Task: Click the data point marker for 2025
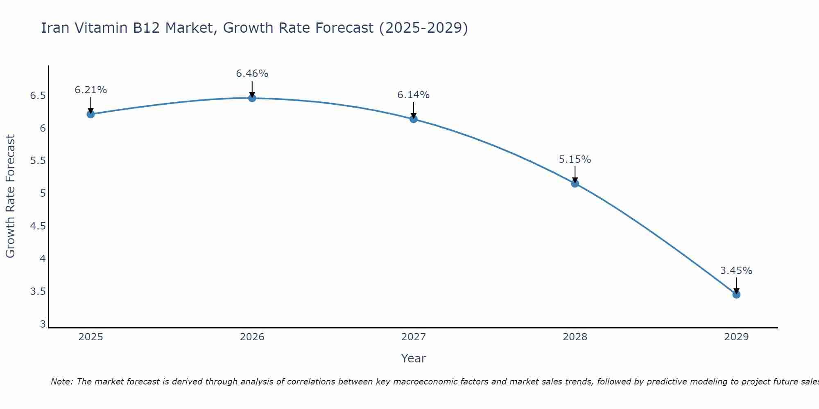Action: click(90, 114)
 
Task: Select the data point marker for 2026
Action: click(252, 98)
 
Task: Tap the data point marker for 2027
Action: click(413, 119)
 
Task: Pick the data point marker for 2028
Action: click(575, 184)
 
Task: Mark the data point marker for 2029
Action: click(736, 294)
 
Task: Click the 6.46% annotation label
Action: click(252, 74)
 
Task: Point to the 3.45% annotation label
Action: click(736, 271)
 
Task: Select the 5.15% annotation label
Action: click(575, 160)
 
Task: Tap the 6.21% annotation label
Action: click(90, 90)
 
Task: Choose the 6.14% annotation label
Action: click(413, 95)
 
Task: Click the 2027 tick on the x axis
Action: click(413, 337)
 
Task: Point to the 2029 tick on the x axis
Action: click(736, 337)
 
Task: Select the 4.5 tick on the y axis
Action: click(38, 226)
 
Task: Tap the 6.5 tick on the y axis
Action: click(38, 96)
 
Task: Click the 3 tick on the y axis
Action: click(43, 324)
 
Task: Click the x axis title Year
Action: click(413, 358)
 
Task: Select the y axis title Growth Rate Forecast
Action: click(10, 196)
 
